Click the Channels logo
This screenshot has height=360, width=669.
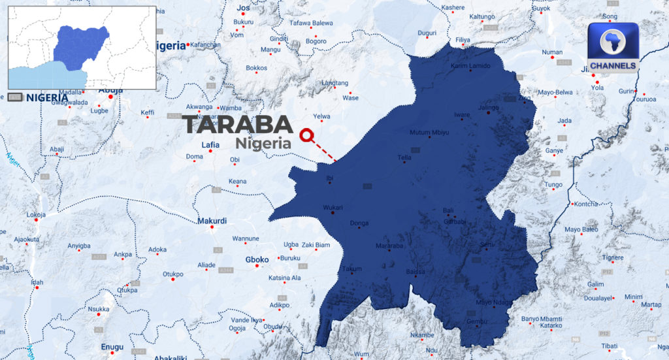click(x=613, y=48)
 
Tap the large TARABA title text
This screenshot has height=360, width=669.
click(x=237, y=124)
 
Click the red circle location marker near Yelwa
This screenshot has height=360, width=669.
click(x=305, y=135)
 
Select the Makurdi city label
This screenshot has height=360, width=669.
click(x=213, y=221)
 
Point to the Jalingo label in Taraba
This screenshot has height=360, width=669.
click(x=488, y=107)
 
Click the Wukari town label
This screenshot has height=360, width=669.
click(x=333, y=208)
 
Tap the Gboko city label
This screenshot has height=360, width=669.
click(x=257, y=259)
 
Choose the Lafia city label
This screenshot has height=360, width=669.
click(x=210, y=144)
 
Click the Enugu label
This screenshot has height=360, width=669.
click(x=112, y=347)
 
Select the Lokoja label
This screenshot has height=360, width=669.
click(x=36, y=214)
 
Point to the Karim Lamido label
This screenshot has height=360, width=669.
click(x=470, y=66)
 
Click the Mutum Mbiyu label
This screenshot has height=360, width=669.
click(x=429, y=133)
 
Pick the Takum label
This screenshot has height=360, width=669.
click(x=353, y=269)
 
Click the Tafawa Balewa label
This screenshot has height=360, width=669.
click(x=312, y=23)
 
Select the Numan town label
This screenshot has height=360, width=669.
click(x=552, y=52)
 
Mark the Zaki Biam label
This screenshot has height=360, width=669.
click(x=316, y=245)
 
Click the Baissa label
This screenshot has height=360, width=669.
click(x=416, y=270)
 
